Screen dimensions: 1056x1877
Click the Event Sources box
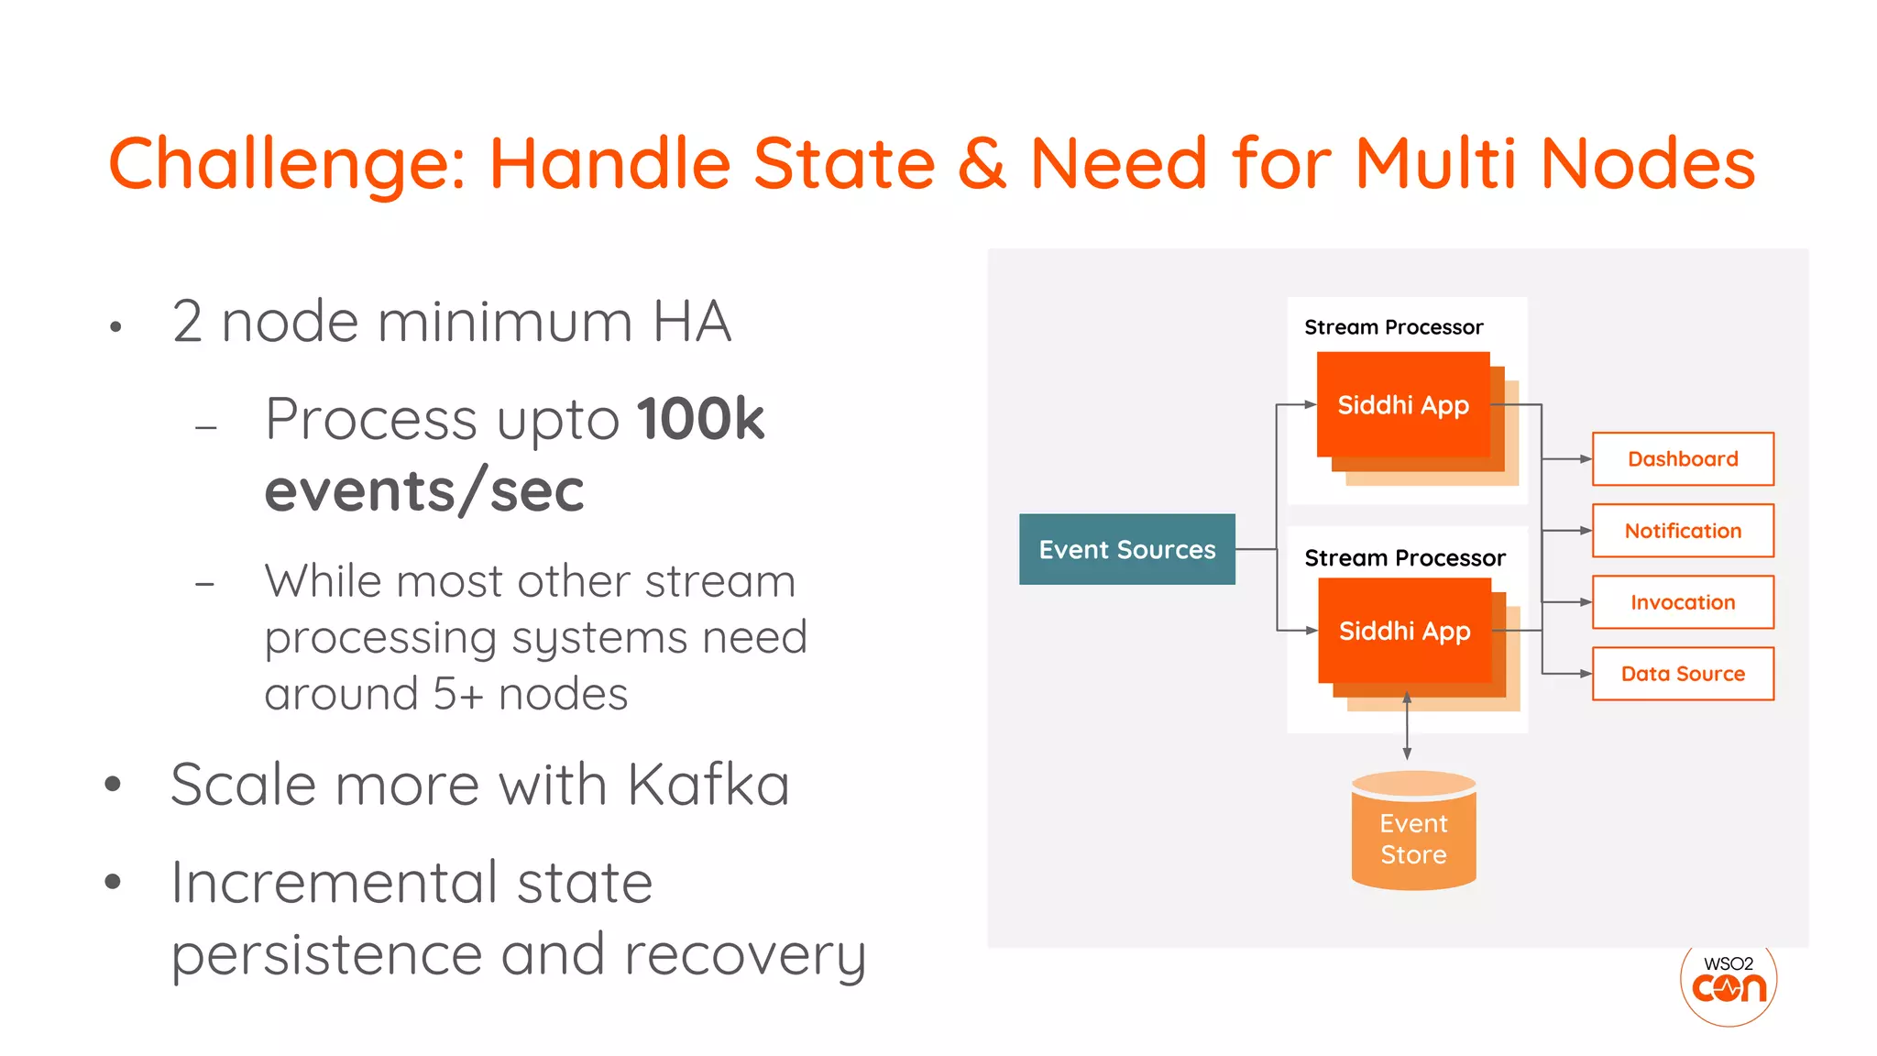click(1126, 549)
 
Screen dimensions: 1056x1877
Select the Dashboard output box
click(1682, 458)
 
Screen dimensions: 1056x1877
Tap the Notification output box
click(1682, 531)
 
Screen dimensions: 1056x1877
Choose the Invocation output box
click(1682, 602)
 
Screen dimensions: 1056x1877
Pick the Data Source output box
click(1682, 674)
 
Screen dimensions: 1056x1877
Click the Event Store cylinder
click(1413, 834)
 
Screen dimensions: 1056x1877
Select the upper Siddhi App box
click(1402, 404)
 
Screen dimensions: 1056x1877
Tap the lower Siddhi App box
click(1404, 631)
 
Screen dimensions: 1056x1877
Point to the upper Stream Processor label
click(1393, 327)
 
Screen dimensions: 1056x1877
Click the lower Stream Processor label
click(1404, 557)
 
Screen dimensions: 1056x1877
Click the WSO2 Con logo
click(1729, 983)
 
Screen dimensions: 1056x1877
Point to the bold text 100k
click(700, 419)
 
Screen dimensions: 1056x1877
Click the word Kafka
click(708, 785)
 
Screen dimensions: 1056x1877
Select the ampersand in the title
click(982, 163)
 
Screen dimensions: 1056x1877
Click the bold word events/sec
click(424, 490)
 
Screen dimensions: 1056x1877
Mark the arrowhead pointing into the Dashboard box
click(1585, 458)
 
